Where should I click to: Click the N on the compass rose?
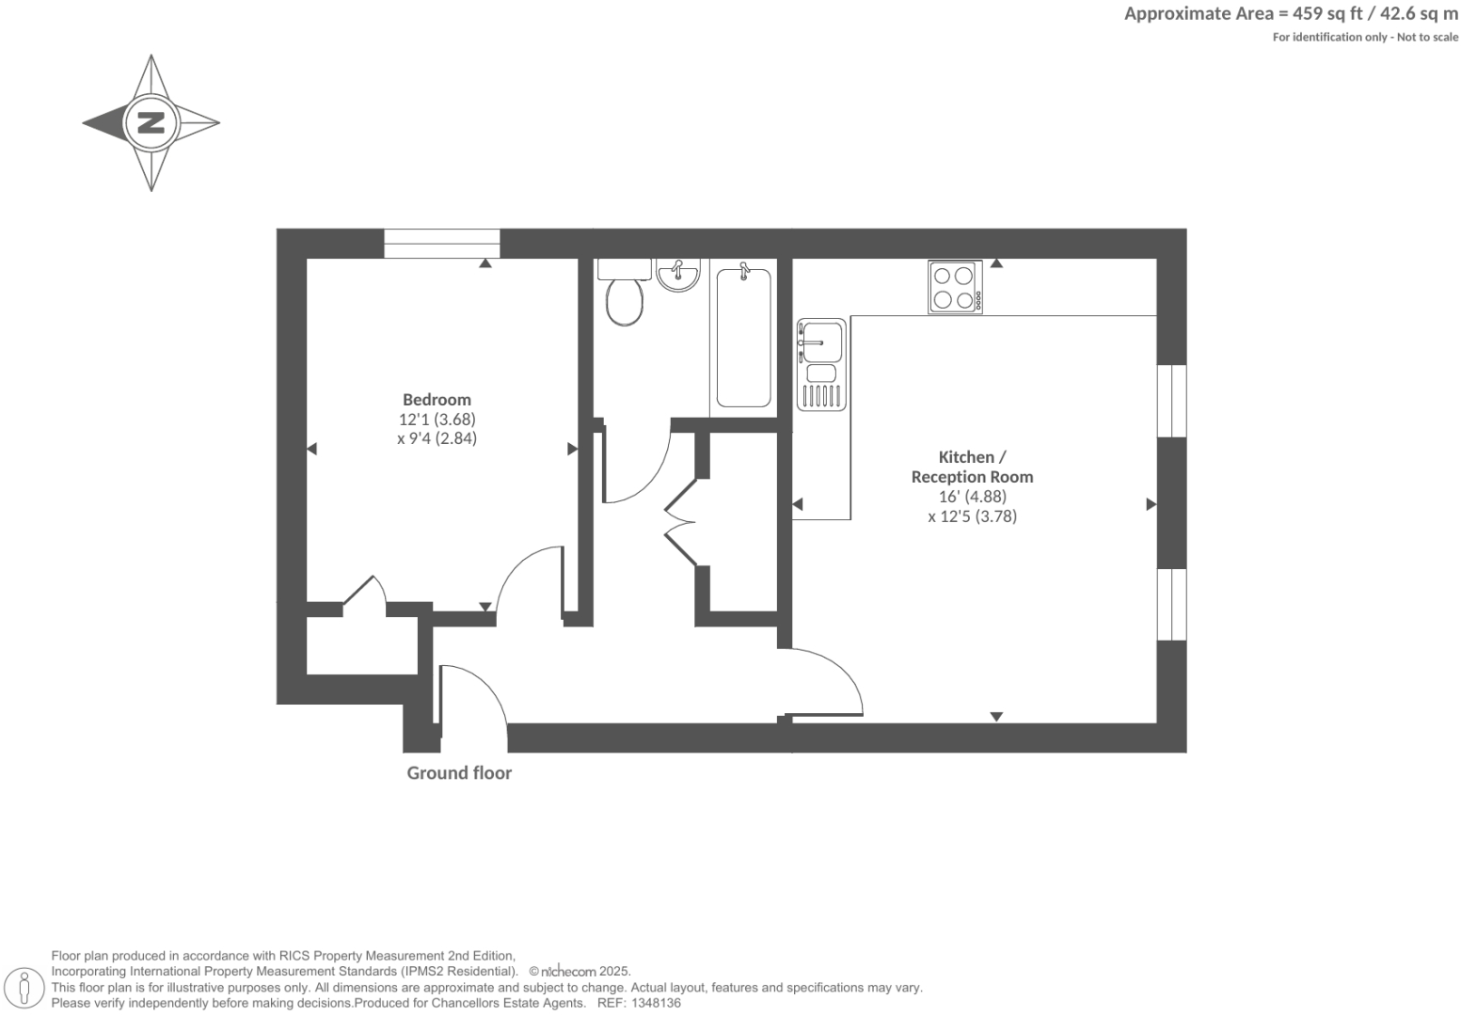coord(151,122)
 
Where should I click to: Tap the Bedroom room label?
coord(437,400)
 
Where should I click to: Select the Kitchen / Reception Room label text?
coord(972,467)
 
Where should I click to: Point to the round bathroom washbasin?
coord(677,275)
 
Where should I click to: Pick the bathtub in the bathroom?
coord(743,338)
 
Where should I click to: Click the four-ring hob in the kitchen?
coord(955,287)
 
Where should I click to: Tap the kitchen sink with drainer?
coord(821,364)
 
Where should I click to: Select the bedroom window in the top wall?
coord(441,244)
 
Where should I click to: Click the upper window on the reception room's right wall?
coord(1171,401)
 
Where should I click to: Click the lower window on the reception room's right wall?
coord(1171,604)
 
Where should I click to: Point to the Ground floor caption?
coord(459,773)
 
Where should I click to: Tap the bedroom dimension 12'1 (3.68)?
coord(437,420)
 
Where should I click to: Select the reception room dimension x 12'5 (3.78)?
coord(972,515)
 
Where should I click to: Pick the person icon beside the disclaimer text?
coord(25,988)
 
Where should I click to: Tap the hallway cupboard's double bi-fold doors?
coord(681,523)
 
